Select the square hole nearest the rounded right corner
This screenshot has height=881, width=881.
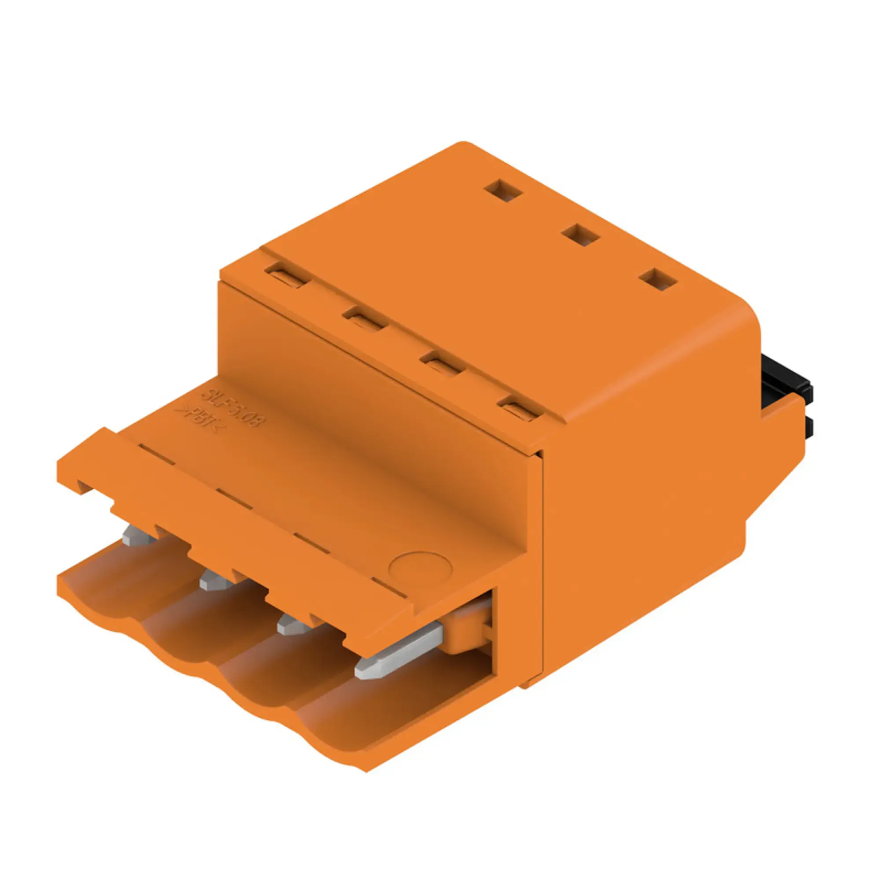(658, 279)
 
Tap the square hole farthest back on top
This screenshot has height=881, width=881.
(503, 190)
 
